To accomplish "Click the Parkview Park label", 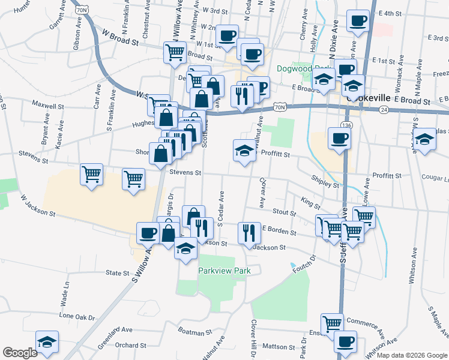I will click(224, 271).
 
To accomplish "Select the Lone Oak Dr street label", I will click(77, 316).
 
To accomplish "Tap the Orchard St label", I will click(130, 345).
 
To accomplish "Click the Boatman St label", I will click(196, 332).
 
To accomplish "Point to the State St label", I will click(113, 272).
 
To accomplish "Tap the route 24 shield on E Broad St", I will click(384, 110).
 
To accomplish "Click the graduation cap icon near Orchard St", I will click(47, 342).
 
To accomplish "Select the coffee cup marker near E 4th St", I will click(358, 20).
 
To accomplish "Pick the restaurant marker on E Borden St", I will click(248, 232).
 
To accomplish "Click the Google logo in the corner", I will click(20, 353).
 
